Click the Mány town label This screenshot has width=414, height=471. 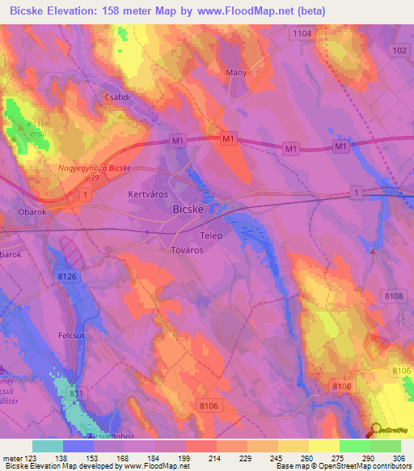point(235,73)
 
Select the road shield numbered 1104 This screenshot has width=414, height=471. point(302,33)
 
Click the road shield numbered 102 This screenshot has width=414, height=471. point(398,50)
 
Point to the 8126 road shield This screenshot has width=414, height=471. point(68,277)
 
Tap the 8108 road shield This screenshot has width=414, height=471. point(394,297)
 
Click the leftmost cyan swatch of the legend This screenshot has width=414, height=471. point(47,446)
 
